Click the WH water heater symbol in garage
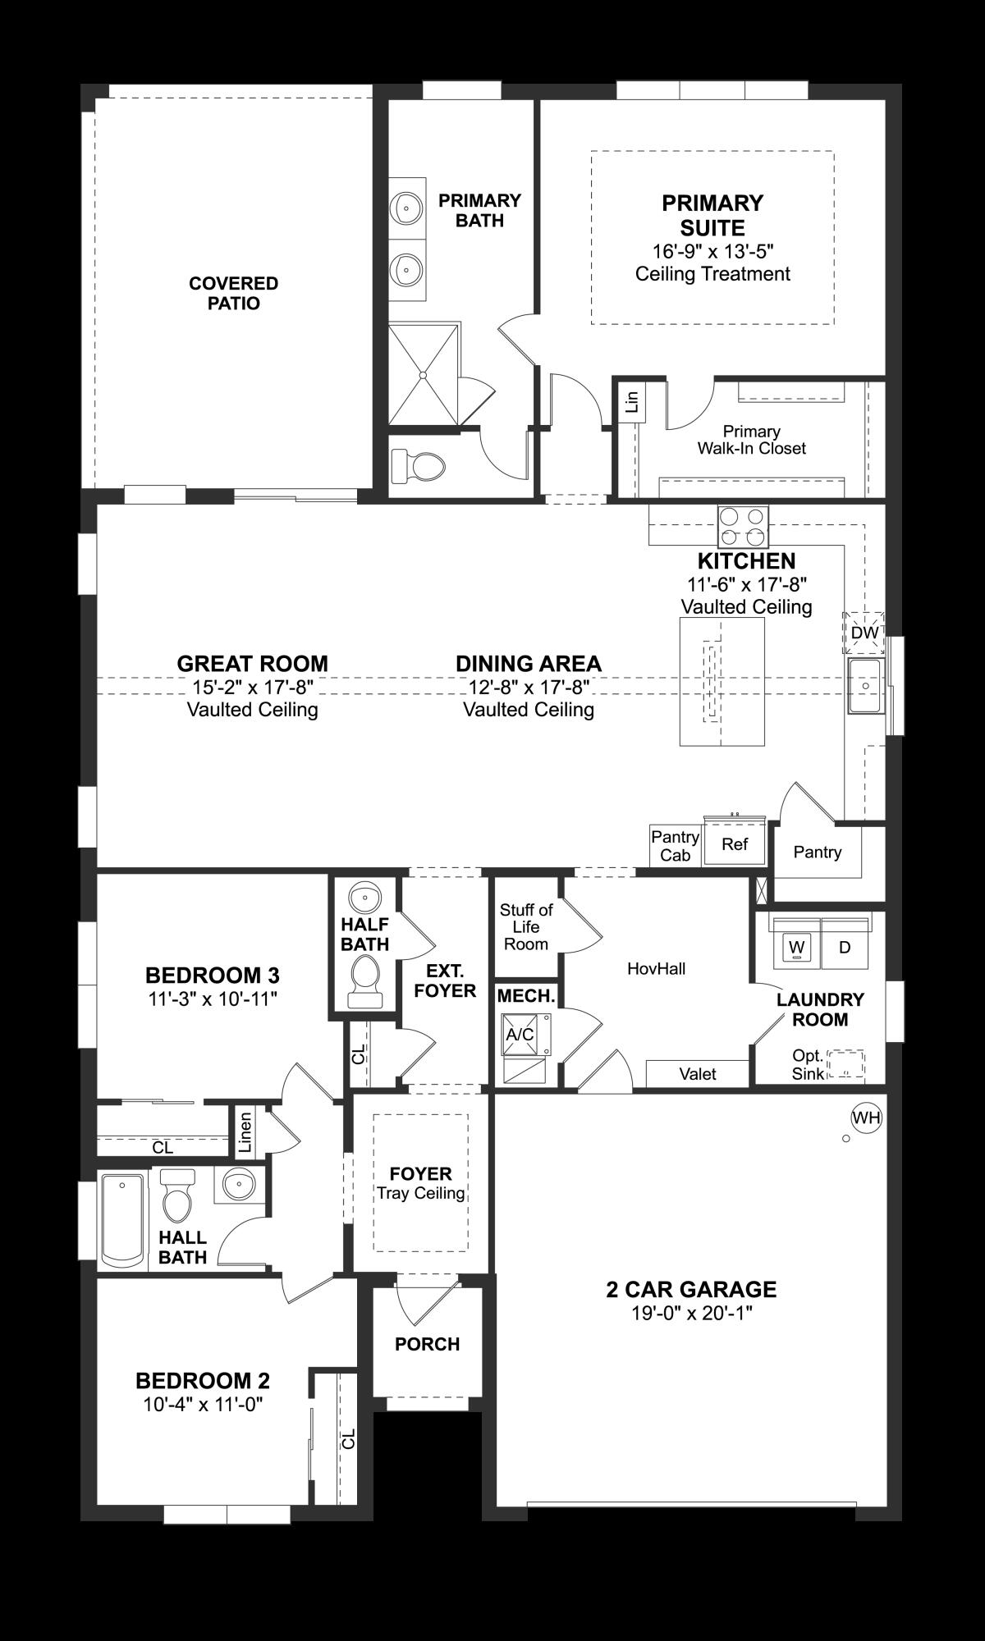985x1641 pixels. click(865, 1118)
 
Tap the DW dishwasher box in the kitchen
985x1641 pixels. click(864, 633)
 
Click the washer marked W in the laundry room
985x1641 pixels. click(795, 947)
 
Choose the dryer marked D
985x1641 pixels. click(845, 947)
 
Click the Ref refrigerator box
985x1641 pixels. click(735, 843)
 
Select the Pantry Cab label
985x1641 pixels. click(675, 846)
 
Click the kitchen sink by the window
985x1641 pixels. click(866, 685)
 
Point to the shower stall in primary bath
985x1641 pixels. click(423, 374)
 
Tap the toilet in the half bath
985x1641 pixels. click(364, 981)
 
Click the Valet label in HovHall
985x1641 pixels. click(698, 1073)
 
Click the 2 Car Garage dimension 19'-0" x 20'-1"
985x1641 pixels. click(691, 1314)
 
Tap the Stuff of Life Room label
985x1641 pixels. click(526, 926)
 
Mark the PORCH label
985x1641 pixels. click(427, 1344)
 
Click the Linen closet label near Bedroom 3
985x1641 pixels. click(245, 1132)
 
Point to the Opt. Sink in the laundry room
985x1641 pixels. click(845, 1064)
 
